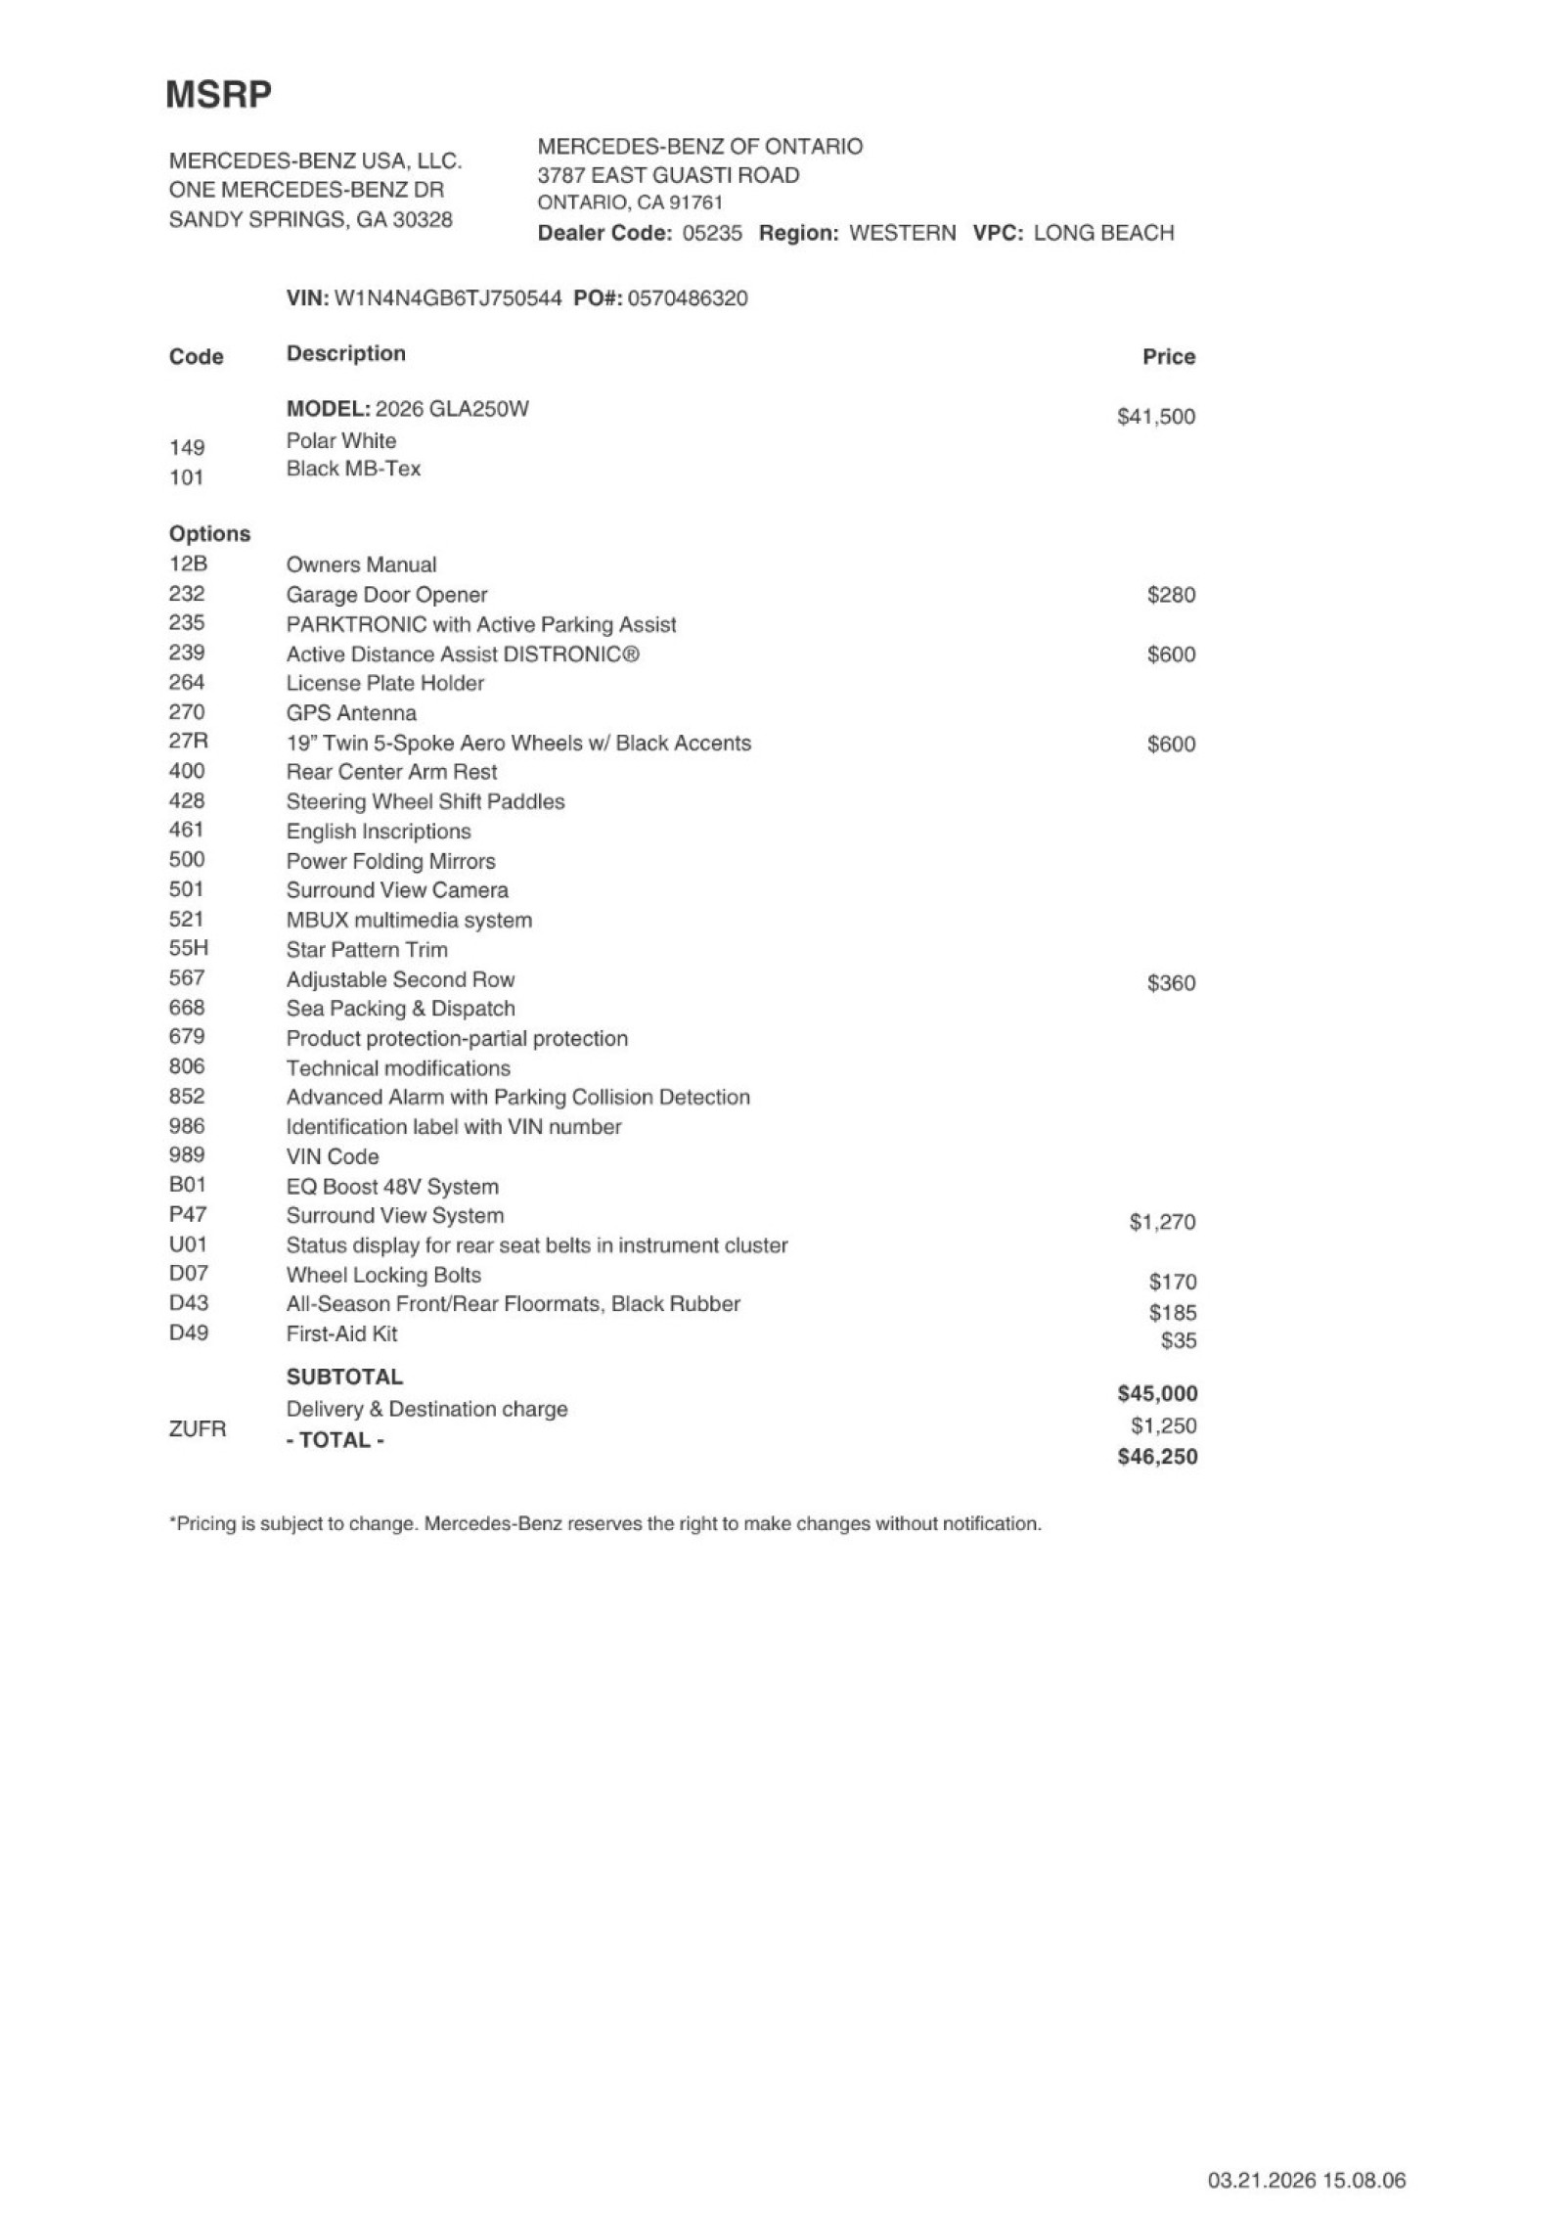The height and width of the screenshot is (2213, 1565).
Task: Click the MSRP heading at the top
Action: (x=218, y=95)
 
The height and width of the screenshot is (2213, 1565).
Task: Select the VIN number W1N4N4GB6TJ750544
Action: (x=448, y=298)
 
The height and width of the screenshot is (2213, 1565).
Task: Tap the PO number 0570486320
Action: (x=687, y=298)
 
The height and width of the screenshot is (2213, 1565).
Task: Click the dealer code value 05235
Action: (x=712, y=233)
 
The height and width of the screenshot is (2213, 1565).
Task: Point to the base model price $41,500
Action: (x=1155, y=417)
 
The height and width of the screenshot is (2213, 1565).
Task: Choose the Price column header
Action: (x=1168, y=357)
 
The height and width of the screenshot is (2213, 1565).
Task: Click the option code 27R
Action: (x=188, y=742)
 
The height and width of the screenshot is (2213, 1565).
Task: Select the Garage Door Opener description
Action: (x=386, y=595)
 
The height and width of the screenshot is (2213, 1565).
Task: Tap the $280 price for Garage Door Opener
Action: (x=1171, y=595)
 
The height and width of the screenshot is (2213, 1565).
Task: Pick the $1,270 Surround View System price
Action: (x=1162, y=1222)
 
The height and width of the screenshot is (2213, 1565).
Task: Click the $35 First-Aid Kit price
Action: (x=1178, y=1341)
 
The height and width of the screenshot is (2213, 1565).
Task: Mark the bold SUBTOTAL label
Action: (x=344, y=1377)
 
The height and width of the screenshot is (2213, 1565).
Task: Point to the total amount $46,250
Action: (x=1157, y=1457)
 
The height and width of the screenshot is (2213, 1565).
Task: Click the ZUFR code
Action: (x=198, y=1429)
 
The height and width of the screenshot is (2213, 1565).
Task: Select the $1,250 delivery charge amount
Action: (x=1163, y=1425)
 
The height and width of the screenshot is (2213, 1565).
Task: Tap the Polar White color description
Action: (x=341, y=440)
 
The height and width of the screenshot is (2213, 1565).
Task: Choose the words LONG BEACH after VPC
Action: (x=1103, y=233)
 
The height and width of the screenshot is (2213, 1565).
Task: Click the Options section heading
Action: (x=209, y=534)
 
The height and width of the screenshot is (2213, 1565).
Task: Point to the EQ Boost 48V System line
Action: (x=392, y=1187)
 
